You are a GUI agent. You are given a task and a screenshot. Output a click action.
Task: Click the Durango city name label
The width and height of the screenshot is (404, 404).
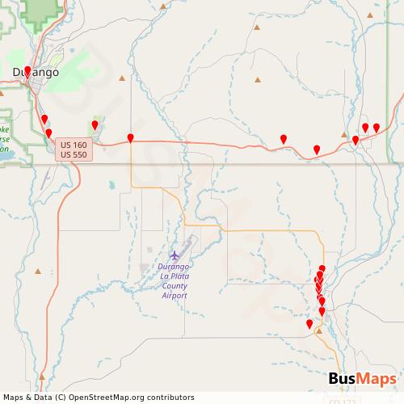[36, 73]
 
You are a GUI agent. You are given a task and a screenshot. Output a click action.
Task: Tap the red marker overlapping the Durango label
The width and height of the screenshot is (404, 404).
[27, 71]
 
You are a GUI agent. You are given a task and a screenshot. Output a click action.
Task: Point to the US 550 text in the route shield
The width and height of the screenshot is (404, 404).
[74, 154]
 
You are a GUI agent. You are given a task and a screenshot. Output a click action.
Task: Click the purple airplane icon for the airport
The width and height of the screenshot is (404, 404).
[175, 256]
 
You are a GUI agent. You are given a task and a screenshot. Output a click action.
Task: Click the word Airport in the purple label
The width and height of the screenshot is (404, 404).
[174, 296]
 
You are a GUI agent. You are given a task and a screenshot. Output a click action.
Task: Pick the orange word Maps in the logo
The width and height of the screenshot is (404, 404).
[378, 380]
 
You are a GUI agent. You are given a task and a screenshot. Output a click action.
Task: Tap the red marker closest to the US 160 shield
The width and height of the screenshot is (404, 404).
[48, 133]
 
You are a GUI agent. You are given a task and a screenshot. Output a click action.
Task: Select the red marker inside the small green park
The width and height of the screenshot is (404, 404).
[95, 125]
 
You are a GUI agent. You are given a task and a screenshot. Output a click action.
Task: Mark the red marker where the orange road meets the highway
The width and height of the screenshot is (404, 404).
[130, 138]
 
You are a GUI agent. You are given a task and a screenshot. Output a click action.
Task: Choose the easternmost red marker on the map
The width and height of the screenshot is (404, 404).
[377, 128]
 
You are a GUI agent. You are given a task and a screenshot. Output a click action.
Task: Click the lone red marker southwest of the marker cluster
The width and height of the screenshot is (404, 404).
[309, 324]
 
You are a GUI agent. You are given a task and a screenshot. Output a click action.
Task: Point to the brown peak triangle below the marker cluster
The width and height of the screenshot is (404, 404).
[319, 330]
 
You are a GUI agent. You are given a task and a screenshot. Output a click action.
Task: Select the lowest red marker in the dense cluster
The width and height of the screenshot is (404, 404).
[322, 311]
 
